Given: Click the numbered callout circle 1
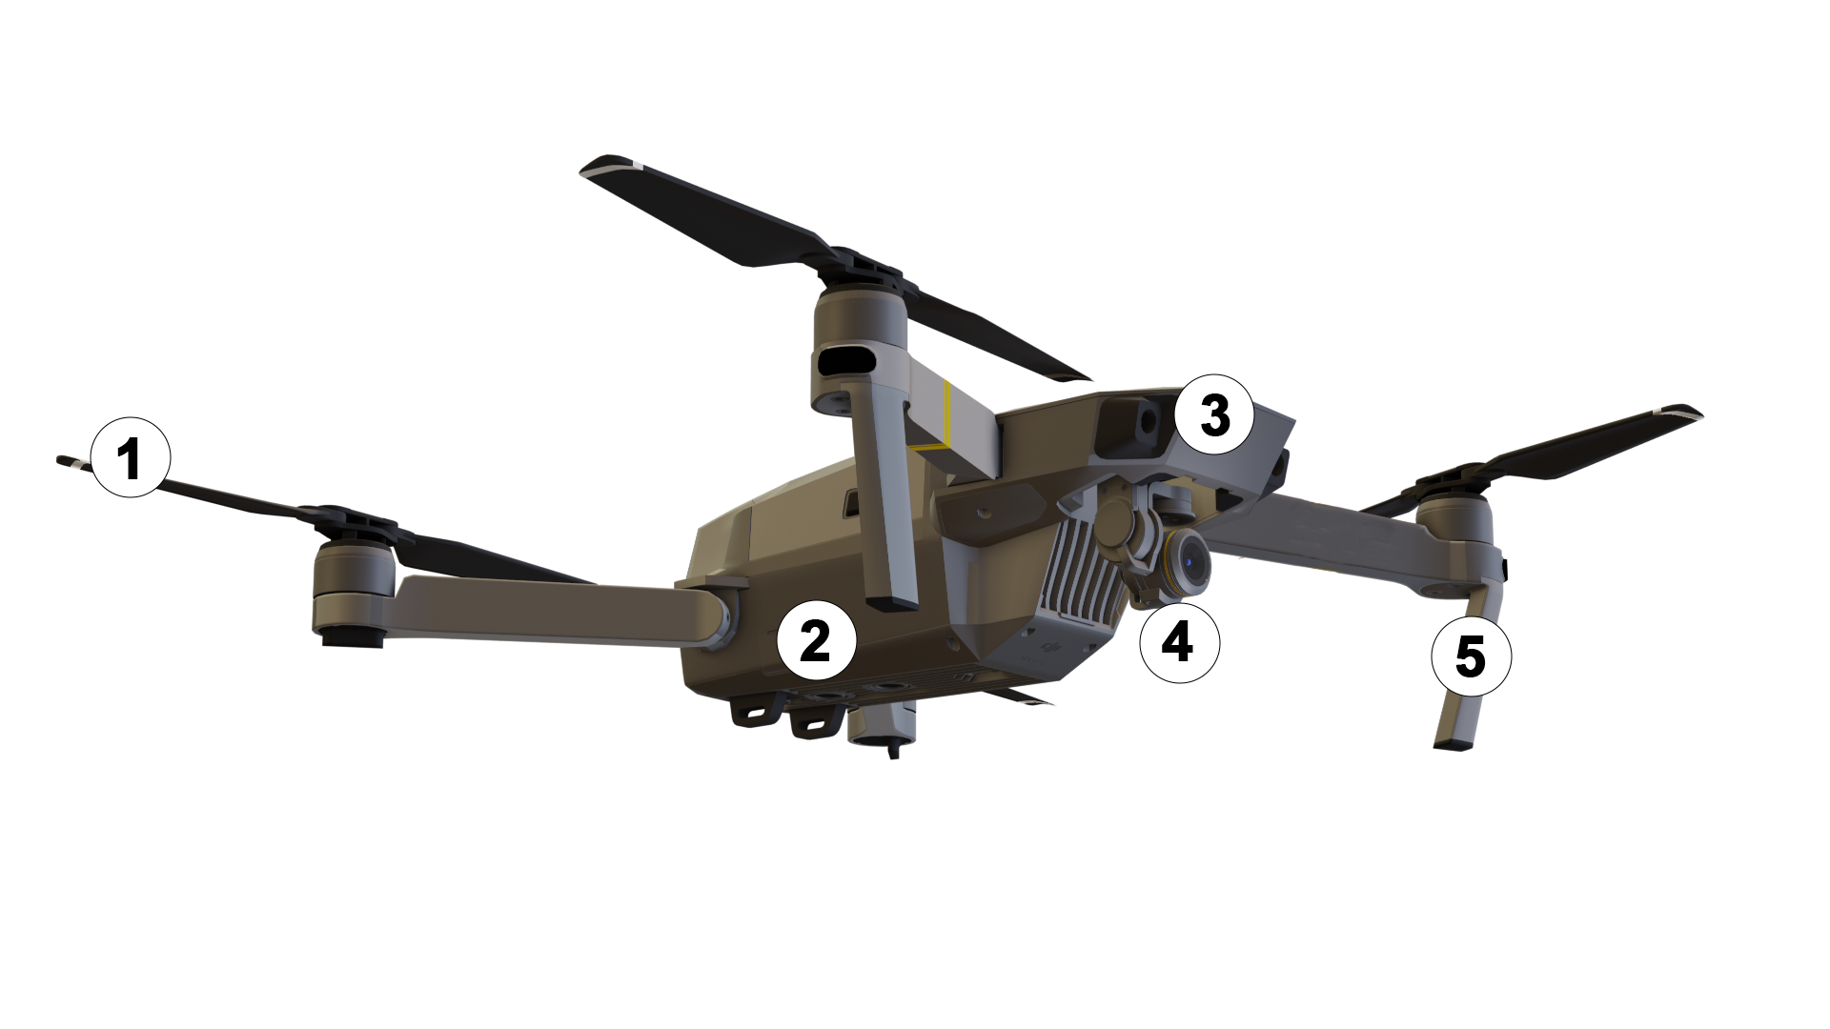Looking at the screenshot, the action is tap(131, 457).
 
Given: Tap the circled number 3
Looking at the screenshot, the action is tap(1213, 414).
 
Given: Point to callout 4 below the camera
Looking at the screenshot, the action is tap(1179, 642).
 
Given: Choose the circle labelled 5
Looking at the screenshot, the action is tap(1471, 656).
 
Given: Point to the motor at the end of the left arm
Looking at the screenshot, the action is tap(351, 591).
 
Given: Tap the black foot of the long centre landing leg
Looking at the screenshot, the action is tap(894, 602).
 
